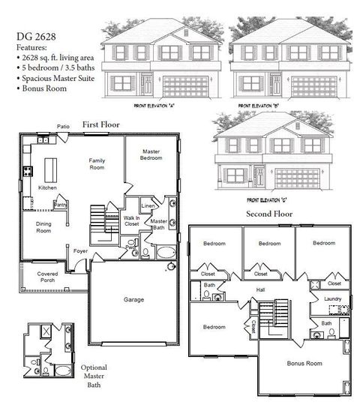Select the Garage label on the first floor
tap(134, 299)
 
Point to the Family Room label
tap(97, 164)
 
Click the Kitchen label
tap(48, 187)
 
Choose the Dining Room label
tap(44, 226)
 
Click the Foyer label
tap(80, 251)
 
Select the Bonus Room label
tap(304, 363)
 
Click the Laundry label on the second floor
tap(333, 299)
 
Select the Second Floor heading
tap(271, 214)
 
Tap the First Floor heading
tap(101, 124)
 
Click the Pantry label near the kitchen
tap(61, 203)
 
